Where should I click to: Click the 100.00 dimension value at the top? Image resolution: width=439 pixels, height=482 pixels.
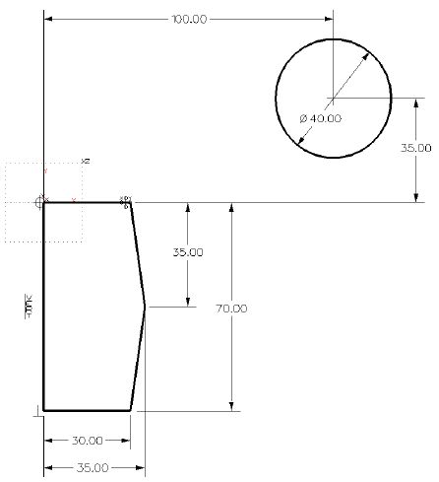[188, 19]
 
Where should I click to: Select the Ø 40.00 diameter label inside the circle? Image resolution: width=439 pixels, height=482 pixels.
[320, 118]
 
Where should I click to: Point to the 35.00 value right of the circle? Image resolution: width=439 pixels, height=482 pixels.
[414, 148]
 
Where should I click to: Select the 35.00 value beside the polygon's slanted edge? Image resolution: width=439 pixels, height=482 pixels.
[187, 252]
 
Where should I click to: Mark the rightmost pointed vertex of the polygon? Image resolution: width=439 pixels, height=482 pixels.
[146, 307]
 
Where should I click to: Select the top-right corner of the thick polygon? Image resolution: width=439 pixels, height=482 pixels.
[131, 203]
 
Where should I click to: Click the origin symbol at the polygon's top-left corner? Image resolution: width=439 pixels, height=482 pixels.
[41, 201]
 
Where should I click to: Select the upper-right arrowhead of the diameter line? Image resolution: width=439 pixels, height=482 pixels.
[370, 52]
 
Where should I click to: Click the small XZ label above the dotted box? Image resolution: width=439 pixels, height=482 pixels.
[86, 160]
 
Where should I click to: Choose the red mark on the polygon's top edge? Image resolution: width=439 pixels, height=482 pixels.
[74, 200]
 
